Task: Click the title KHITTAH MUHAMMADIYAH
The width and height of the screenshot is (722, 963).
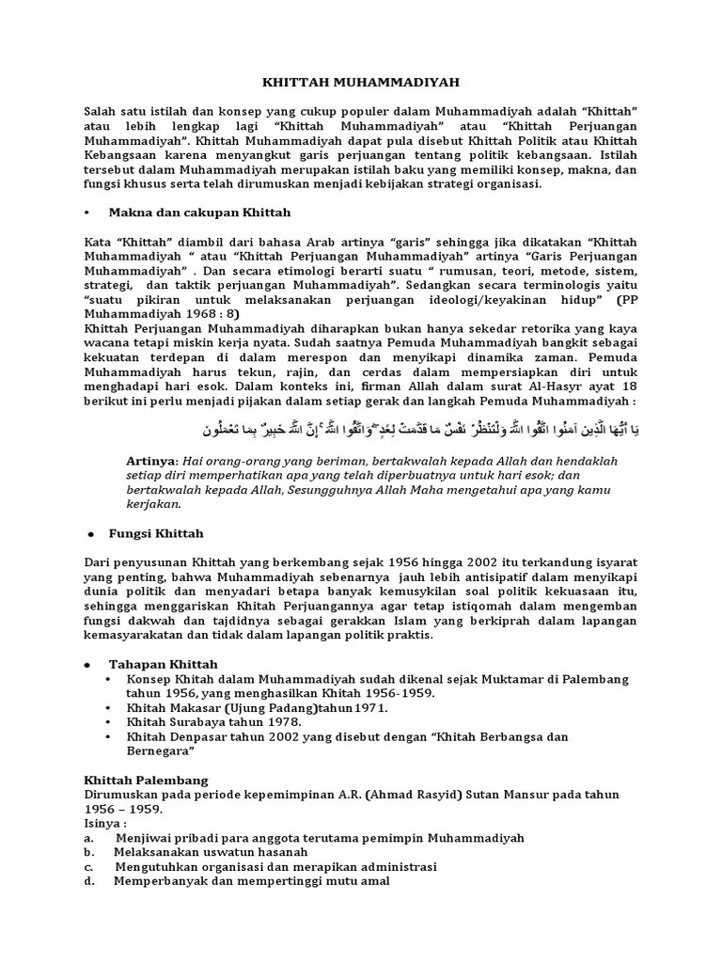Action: point(361,83)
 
